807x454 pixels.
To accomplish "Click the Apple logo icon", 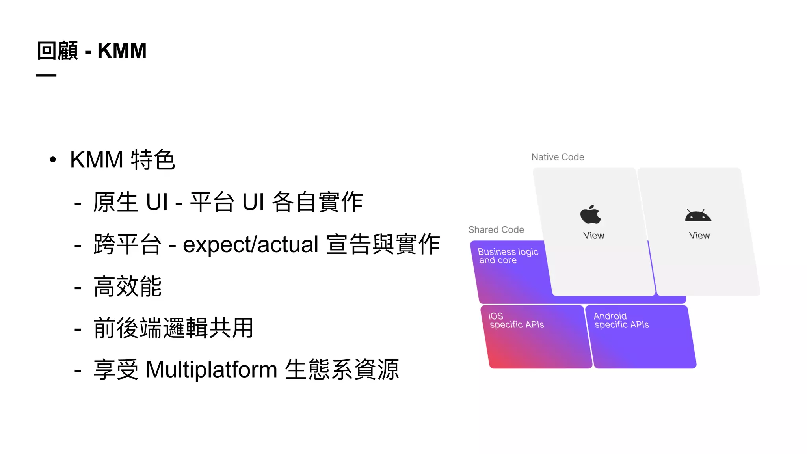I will (591, 214).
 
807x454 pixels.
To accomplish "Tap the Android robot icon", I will (698, 216).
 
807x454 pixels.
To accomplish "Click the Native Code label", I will (558, 157).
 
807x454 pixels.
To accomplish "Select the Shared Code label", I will (496, 230).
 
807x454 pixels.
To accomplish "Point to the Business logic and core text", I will (508, 256).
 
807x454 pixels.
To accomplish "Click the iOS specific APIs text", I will (516, 320).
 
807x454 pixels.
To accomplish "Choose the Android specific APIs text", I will (621, 320).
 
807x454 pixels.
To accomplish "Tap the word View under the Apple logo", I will (593, 236).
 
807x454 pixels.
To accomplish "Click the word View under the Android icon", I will (699, 236).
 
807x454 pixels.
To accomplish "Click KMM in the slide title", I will (122, 51).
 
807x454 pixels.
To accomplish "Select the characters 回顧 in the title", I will (58, 51).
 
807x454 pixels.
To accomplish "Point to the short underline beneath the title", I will (46, 75).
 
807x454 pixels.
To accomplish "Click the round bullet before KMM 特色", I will (53, 160).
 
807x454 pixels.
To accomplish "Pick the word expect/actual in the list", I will (251, 244).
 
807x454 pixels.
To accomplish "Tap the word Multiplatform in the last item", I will (212, 370).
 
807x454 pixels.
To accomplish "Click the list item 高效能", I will (128, 287).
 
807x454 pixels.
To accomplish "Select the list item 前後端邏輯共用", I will (173, 328).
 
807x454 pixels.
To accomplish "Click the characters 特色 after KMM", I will (153, 160).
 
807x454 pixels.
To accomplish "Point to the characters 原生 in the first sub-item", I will (116, 202).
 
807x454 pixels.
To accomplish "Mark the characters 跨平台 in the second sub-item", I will (127, 244).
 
